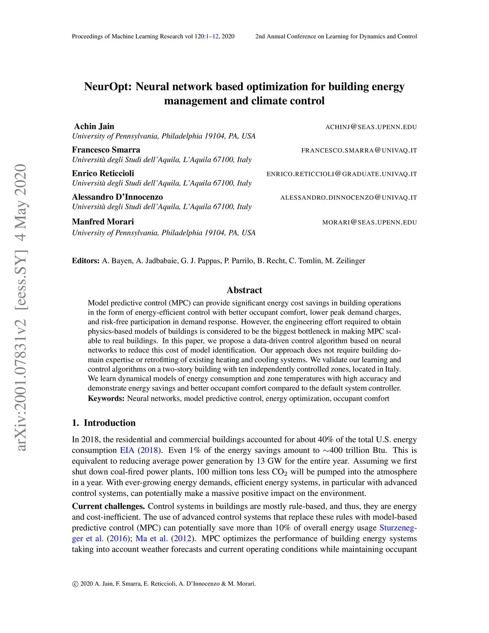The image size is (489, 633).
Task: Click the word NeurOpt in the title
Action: tap(107, 87)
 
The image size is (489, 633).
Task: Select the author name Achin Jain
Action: tap(94, 127)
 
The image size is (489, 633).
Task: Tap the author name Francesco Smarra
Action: tap(106, 150)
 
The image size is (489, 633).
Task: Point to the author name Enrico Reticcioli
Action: tap(103, 173)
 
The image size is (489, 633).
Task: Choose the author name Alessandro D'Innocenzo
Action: tap(117, 197)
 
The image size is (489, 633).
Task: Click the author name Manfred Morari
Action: tap(103, 222)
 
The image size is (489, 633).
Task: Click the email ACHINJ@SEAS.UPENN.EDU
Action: tap(371, 127)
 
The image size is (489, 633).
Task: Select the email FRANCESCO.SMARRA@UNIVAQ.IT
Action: tap(359, 150)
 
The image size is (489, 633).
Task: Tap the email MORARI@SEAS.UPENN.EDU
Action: tap(370, 222)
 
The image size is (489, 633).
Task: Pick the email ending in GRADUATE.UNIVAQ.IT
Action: tap(342, 174)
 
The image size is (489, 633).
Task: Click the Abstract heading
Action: tap(244, 290)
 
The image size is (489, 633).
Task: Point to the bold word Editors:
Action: tap(86, 261)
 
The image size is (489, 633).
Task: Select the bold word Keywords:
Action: tap(106, 398)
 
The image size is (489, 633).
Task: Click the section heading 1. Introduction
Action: tap(104, 423)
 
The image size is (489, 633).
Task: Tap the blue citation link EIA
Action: tap(127, 451)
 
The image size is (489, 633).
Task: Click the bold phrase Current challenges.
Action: tap(108, 506)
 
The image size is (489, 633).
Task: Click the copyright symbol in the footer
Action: tap(75, 584)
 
